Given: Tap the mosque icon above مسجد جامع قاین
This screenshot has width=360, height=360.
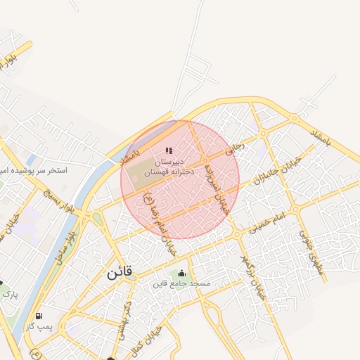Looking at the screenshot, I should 183,274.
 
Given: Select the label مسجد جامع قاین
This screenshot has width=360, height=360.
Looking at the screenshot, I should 182,285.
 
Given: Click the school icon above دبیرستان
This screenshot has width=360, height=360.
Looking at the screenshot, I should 168,150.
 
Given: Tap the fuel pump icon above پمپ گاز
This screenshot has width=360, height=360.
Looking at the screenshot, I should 38,316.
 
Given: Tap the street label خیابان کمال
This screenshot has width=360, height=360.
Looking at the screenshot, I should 150,343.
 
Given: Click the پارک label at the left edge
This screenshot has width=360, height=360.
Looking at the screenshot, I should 9,294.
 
